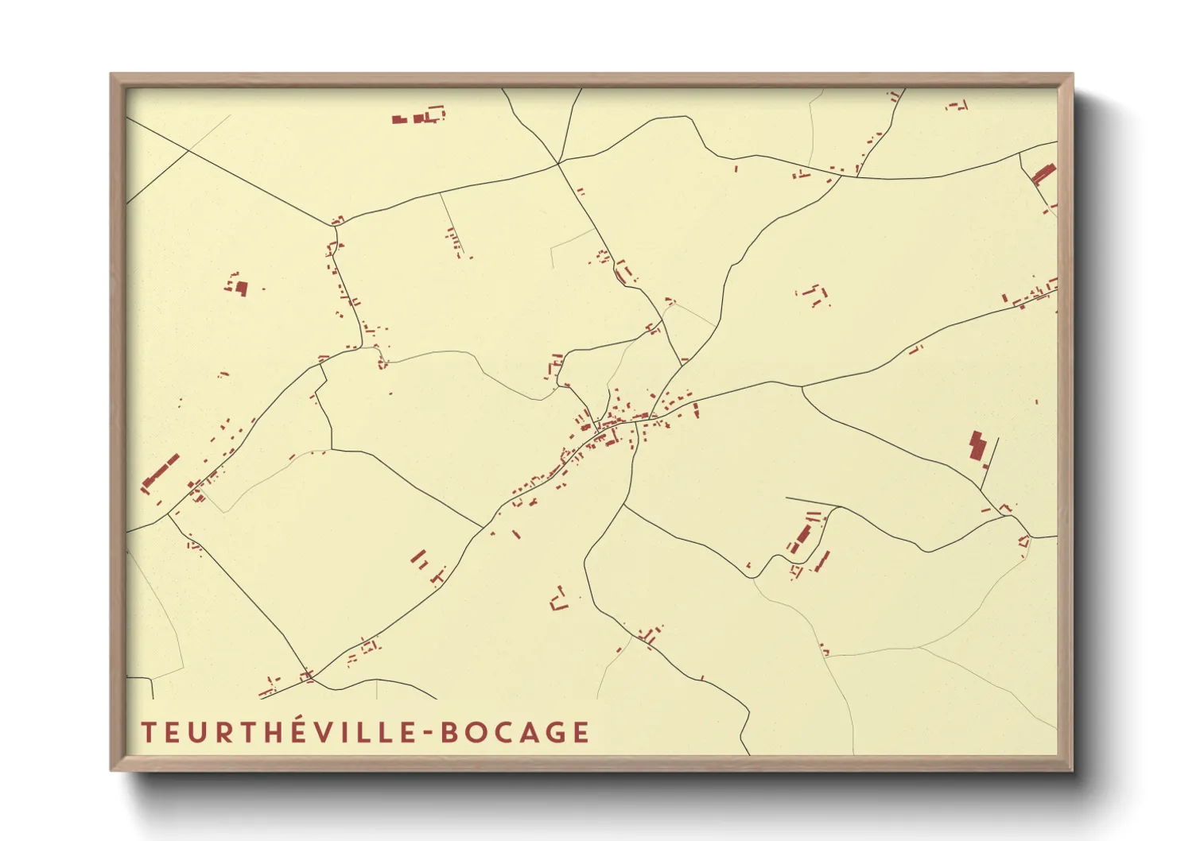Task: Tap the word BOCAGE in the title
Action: click(515, 733)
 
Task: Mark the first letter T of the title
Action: click(147, 733)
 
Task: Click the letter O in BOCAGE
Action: click(469, 733)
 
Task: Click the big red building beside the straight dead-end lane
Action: click(977, 445)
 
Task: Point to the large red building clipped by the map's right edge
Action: click(1043, 173)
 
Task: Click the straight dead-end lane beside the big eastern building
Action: click(991, 461)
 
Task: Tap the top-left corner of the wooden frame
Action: click(111, 75)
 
